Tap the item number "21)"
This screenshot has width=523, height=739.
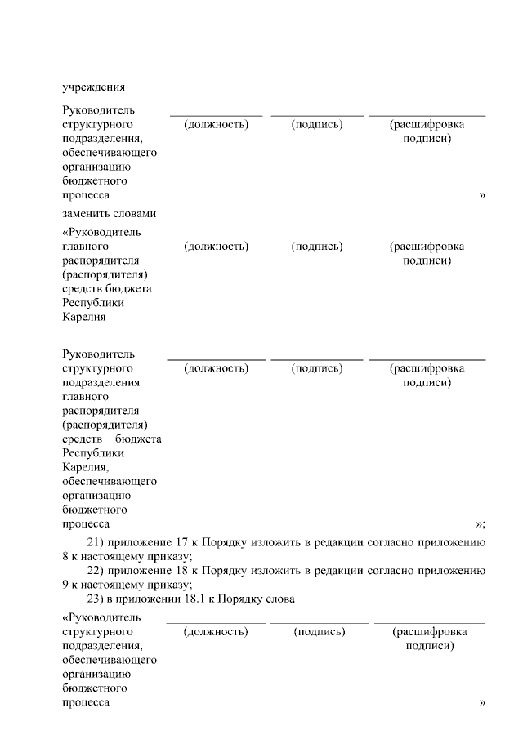tap(97, 541)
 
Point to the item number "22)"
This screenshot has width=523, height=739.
tap(97, 570)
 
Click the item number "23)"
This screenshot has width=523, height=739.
tap(97, 599)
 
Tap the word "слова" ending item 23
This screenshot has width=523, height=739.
tap(279, 599)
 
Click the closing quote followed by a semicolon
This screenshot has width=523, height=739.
tap(481, 523)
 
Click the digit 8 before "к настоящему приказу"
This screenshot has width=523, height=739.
tap(65, 556)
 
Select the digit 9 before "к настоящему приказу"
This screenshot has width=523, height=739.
tap(65, 585)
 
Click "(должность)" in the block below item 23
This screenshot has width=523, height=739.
tap(216, 631)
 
